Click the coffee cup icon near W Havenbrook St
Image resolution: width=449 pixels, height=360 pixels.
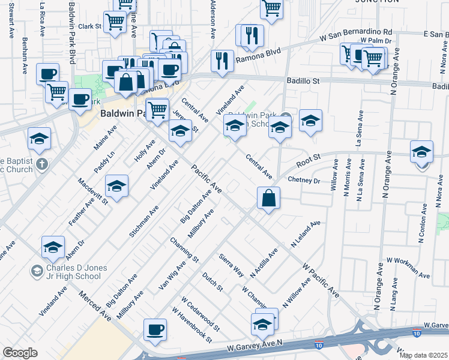[x=155, y=331]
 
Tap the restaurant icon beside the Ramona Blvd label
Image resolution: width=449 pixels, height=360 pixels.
[x=223, y=61]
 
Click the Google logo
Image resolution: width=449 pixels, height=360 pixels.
[x=20, y=353]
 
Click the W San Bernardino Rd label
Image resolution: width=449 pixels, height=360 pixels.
[x=356, y=34]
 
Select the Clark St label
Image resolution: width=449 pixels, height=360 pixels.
[x=89, y=26]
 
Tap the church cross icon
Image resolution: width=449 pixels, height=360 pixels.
[x=41, y=163]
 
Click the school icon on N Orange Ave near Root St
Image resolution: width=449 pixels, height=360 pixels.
[x=422, y=152]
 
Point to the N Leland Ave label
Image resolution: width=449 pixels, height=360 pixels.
[x=306, y=234]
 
